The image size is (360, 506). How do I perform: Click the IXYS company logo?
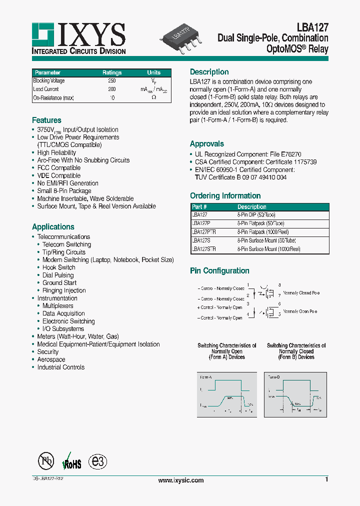click(78, 38)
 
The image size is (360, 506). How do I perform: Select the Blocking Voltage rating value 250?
click(112, 80)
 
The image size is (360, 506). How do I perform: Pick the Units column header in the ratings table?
click(153, 72)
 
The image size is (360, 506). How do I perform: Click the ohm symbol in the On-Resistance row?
click(153, 97)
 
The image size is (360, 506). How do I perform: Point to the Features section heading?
click(46, 120)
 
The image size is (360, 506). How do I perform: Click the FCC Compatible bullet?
click(58, 168)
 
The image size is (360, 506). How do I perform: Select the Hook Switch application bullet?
click(58, 267)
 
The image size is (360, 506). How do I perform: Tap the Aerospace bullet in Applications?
click(51, 359)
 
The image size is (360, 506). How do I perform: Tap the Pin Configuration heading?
click(219, 271)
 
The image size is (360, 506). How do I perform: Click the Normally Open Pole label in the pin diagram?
click(300, 311)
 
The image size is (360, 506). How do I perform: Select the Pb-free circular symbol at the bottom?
click(46, 461)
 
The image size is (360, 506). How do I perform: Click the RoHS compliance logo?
click(71, 462)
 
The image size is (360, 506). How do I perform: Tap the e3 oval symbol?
click(97, 461)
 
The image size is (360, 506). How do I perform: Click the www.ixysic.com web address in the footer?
click(180, 480)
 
